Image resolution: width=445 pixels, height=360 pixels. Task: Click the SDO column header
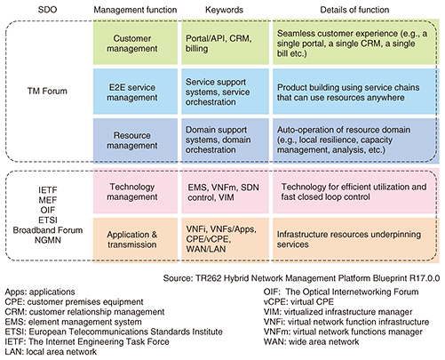[47, 10]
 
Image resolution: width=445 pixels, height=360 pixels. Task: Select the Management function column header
[135, 10]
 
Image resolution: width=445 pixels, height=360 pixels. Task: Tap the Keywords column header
[224, 10]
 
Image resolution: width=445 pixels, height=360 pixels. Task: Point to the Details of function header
[354, 10]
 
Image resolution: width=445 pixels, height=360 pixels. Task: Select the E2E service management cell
[135, 92]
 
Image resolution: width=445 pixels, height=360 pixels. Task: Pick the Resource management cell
[135, 140]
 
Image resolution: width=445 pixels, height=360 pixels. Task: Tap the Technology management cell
[135, 191]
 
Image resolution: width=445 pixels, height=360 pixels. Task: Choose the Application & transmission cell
[135, 239]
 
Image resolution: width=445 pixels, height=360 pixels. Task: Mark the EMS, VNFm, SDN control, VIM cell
[226, 191]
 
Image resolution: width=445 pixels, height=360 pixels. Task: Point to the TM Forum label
[47, 91]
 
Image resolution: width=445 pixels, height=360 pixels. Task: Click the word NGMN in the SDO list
[48, 240]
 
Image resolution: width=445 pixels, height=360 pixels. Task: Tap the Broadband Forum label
[48, 230]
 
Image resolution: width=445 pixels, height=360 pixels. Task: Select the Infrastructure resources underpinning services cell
[356, 239]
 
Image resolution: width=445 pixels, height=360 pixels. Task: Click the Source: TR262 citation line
[301, 278]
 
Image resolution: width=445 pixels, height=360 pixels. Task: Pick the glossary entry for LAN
[51, 352]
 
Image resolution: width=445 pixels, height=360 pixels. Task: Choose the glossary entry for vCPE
[298, 301]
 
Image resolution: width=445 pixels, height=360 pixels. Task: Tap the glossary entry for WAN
[311, 341]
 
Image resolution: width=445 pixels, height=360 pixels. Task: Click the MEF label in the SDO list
[48, 200]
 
